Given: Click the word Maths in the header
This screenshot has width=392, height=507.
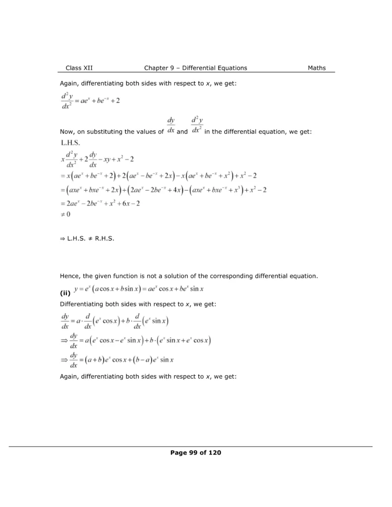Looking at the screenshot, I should (317, 68).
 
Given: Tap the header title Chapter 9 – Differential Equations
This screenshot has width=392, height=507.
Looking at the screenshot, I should (195, 68).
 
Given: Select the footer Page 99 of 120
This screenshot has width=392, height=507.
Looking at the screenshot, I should (195, 453).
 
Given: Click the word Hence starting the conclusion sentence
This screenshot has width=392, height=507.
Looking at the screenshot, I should (69, 276).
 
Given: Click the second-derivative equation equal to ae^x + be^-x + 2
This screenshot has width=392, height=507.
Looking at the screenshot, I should (90, 100).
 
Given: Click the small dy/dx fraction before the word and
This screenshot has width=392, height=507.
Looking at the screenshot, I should (170, 125).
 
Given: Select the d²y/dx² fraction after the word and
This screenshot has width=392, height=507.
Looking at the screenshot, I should (196, 125).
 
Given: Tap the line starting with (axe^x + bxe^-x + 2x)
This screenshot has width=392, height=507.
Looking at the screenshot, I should (164, 190).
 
